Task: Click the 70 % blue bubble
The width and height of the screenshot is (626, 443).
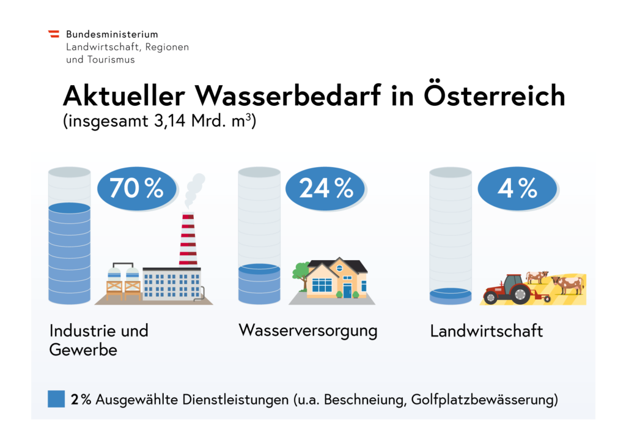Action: (x=136, y=189)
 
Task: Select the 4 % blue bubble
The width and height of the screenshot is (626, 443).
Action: (x=517, y=189)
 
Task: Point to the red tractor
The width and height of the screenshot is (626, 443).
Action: (x=509, y=289)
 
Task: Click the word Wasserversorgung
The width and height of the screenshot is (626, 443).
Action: (x=307, y=331)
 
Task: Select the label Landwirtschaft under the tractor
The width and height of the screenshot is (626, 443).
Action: (x=487, y=332)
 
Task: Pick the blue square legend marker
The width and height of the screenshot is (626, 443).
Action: (x=56, y=399)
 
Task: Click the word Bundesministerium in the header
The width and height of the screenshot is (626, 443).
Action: (x=112, y=34)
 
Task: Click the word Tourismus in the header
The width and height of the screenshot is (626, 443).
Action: (x=110, y=60)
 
